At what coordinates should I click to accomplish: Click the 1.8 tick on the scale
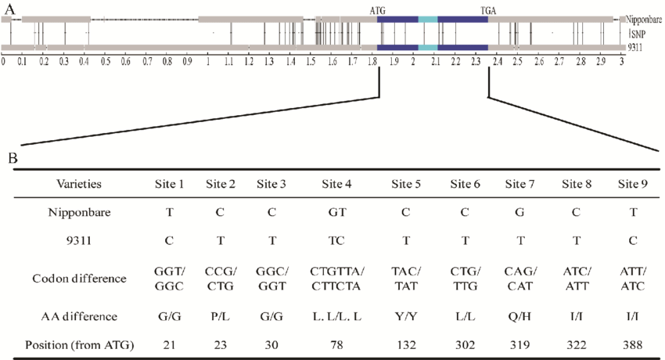pos(374,59)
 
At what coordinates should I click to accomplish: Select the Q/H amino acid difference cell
pos(520,315)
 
